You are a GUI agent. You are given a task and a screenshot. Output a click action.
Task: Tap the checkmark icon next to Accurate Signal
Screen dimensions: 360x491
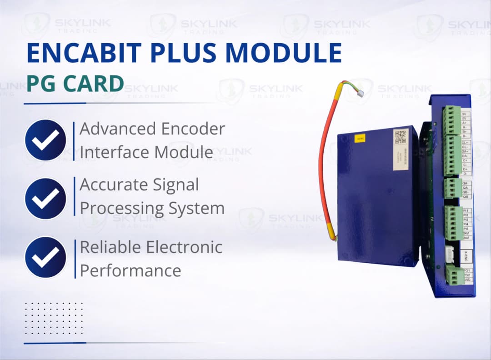tap(45, 198)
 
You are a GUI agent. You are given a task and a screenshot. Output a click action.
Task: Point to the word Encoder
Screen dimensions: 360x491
tap(190, 129)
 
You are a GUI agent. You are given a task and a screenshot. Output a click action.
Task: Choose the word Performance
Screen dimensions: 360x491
tap(130, 271)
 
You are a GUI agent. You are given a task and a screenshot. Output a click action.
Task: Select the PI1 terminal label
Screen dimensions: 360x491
tap(466, 211)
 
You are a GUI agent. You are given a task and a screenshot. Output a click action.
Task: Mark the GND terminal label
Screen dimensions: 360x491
tap(466, 280)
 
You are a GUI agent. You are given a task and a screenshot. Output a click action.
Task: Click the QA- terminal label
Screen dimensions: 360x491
tap(466, 183)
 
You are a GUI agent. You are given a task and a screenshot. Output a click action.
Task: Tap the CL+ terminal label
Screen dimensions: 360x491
tap(465, 142)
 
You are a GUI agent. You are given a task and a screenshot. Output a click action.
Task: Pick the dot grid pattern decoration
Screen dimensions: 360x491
tap(54, 318)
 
